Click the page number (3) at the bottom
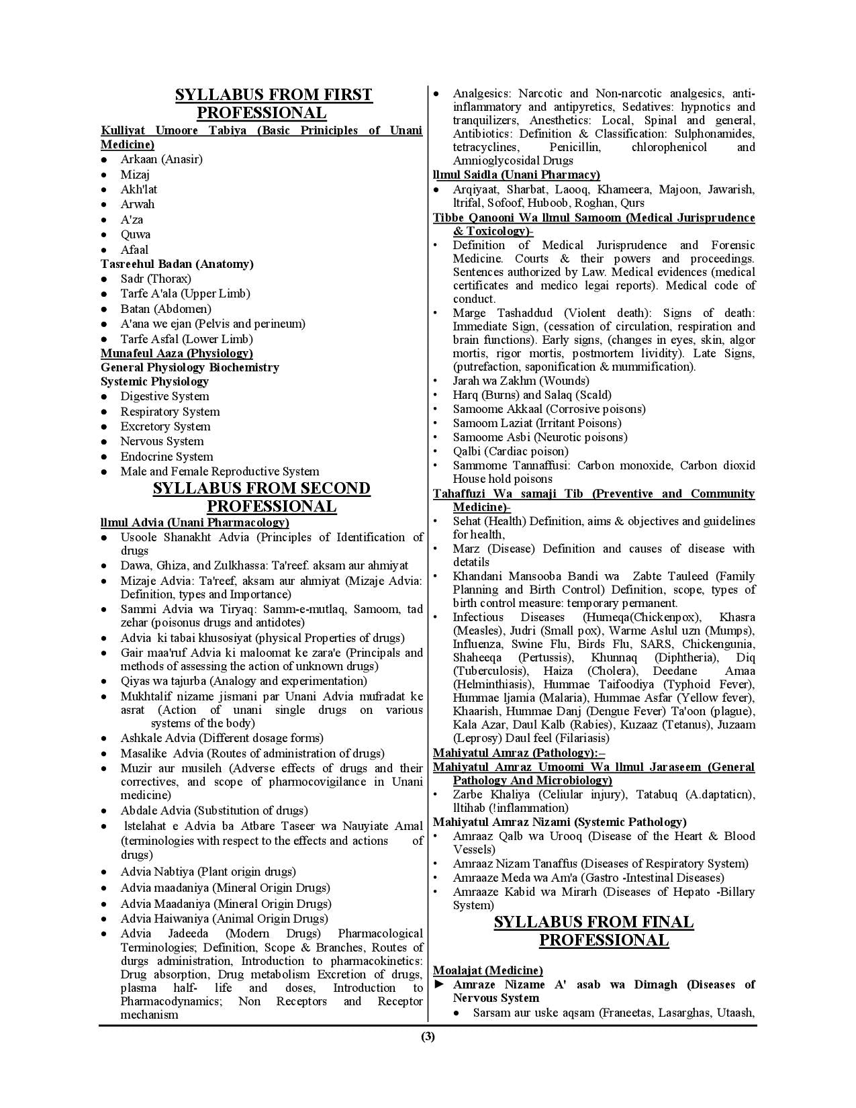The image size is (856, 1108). (x=428, y=1036)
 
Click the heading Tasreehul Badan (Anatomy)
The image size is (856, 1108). (x=177, y=264)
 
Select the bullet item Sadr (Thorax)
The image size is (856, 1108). (x=156, y=279)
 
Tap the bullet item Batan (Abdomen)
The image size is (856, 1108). (x=166, y=309)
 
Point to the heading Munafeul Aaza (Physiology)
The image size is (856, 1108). (x=177, y=353)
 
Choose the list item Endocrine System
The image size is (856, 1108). (x=167, y=457)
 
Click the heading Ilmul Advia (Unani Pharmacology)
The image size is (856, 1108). (x=195, y=522)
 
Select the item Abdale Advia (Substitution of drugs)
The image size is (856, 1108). (x=214, y=811)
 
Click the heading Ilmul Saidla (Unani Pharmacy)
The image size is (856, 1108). (x=516, y=175)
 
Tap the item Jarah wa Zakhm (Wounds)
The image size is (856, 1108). (x=521, y=381)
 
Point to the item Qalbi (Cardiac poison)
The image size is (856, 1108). (x=510, y=451)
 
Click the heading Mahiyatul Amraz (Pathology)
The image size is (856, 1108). (x=518, y=753)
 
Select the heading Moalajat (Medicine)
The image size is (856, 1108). (x=487, y=970)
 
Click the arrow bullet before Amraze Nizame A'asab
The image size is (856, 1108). (x=440, y=984)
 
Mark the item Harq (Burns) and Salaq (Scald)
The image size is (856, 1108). (x=532, y=395)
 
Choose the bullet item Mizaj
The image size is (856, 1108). (x=135, y=175)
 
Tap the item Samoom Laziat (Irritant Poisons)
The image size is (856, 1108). (x=536, y=423)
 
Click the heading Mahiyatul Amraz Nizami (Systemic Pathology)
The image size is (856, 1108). (x=559, y=822)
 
